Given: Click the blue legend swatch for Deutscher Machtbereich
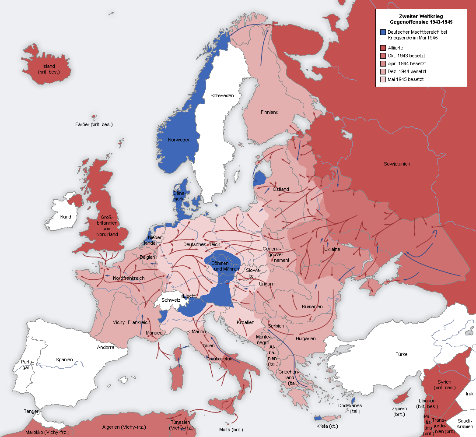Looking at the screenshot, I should (383, 32).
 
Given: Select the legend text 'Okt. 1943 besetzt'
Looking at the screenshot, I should (406, 56).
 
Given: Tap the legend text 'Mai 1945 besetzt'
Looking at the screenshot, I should (406, 79).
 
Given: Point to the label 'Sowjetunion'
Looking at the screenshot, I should (397, 164).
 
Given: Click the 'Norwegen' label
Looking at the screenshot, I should (179, 140).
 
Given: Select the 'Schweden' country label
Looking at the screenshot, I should (222, 95).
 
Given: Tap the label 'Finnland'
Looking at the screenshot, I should (269, 112).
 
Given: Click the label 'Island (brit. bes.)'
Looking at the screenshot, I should (49, 69).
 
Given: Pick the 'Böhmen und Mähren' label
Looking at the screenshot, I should (225, 266).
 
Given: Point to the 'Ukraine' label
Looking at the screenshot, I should (332, 249).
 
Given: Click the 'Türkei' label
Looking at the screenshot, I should (402, 354).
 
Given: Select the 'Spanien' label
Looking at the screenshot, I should (64, 359).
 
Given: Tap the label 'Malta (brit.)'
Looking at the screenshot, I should (231, 430).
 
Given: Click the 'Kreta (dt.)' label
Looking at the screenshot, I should (327, 426).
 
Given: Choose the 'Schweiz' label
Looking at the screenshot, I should (171, 300).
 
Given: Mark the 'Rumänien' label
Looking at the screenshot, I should (312, 307).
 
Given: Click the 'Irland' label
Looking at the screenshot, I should (65, 217).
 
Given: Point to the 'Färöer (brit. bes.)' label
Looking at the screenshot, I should (94, 124).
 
